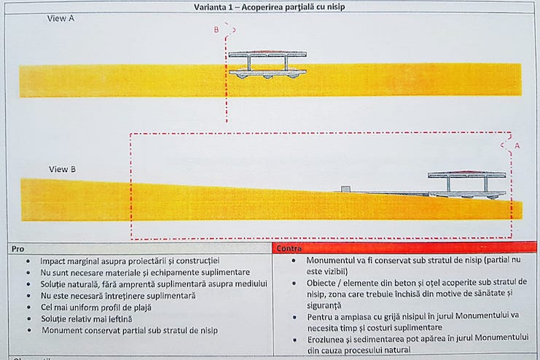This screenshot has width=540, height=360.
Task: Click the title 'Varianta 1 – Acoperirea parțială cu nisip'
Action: pos(269,7)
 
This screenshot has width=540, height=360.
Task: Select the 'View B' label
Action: pos(62,169)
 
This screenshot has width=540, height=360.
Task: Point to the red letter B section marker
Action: pos(216,30)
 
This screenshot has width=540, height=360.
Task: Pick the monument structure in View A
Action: pos(267,63)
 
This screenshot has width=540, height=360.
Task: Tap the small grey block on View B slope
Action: pos(346,189)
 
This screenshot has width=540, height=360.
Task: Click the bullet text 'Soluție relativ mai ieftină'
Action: pos(93,319)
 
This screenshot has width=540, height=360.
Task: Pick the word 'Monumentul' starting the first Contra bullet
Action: pos(332,260)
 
